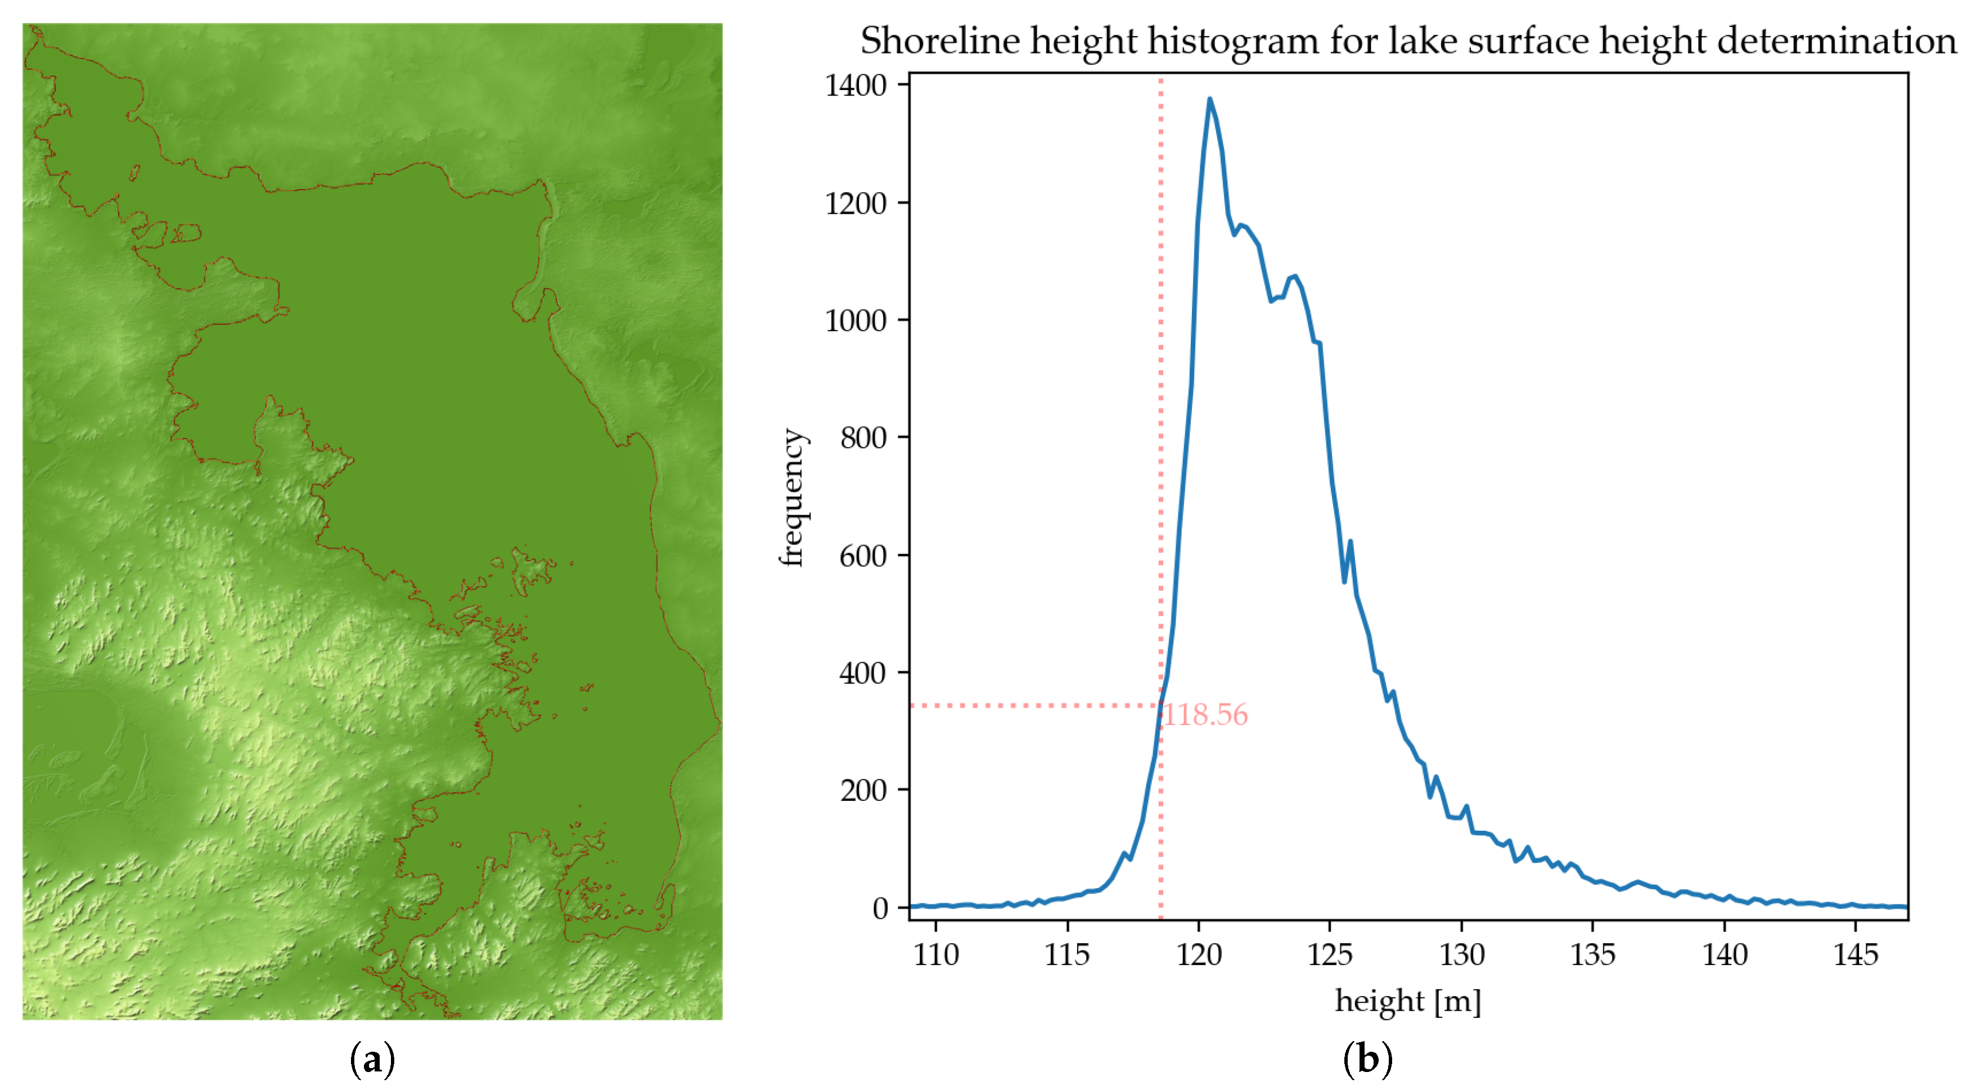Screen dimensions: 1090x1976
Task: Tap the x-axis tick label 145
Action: [x=1856, y=955]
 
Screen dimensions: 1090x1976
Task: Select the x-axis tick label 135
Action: [x=1592, y=955]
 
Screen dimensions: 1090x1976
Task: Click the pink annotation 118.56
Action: [x=1206, y=715]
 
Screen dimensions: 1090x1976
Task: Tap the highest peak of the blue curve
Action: [x=1210, y=99]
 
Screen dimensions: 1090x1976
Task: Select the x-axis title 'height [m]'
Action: [x=1407, y=1001]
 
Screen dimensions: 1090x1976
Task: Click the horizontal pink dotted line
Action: [x=1036, y=705]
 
